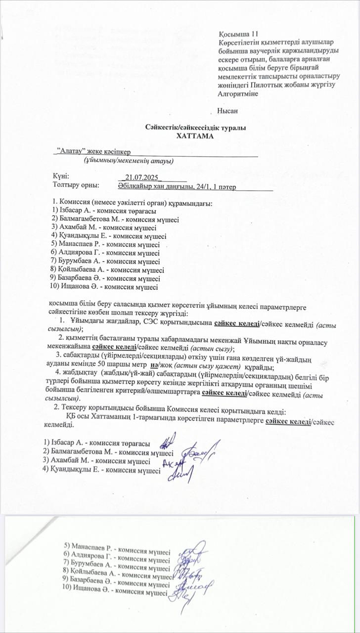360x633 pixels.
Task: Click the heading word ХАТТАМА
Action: click(x=196, y=135)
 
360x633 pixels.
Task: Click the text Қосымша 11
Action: click(x=238, y=34)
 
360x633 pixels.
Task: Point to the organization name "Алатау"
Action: click(x=71, y=150)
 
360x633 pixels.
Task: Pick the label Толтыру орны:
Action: click(x=76, y=185)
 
